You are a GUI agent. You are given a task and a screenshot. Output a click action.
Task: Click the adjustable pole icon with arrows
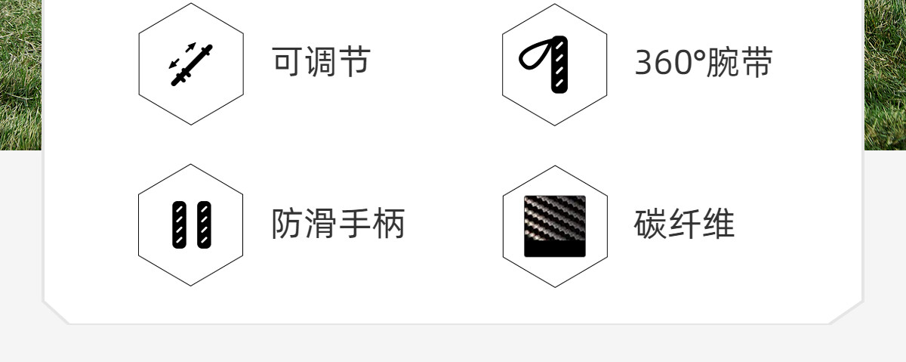click(190, 65)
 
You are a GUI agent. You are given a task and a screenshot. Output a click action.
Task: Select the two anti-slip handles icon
click(191, 224)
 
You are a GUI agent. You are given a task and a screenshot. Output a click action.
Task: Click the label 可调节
click(321, 61)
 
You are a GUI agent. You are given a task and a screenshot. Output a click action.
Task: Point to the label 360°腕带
click(704, 63)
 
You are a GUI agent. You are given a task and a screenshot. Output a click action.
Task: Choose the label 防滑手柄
click(338, 223)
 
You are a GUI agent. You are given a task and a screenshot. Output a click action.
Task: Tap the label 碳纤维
click(684, 224)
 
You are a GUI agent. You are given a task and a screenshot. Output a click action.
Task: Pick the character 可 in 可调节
click(288, 61)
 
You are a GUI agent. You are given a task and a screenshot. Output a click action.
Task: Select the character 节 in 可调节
click(355, 61)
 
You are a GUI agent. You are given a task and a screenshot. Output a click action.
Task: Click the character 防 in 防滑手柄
click(287, 223)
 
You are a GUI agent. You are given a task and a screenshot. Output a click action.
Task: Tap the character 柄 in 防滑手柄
click(389, 223)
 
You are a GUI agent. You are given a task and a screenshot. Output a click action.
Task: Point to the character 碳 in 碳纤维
click(650, 224)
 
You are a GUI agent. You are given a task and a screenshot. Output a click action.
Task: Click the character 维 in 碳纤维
click(718, 224)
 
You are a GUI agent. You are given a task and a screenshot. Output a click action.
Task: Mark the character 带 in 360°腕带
click(757, 62)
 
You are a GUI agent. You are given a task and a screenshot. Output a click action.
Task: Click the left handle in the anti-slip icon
click(179, 224)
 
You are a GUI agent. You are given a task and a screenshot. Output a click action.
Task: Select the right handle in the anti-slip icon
click(205, 224)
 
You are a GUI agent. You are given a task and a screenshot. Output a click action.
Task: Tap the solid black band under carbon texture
click(554, 248)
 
